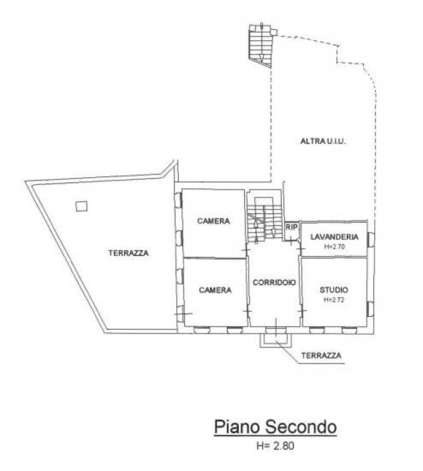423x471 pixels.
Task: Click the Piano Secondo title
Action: (x=275, y=427)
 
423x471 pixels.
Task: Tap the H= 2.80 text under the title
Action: (x=275, y=446)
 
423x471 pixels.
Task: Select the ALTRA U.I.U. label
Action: (x=323, y=141)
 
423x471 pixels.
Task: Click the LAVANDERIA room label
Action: (x=334, y=236)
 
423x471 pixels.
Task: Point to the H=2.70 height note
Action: (x=334, y=247)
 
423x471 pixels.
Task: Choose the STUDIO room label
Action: (x=334, y=290)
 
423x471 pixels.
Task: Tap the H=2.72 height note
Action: (x=334, y=300)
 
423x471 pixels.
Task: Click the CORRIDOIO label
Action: (x=274, y=282)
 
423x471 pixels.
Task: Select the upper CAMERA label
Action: (x=213, y=221)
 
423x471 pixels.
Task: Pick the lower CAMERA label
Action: (x=215, y=290)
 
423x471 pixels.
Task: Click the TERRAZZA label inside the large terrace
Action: (x=128, y=253)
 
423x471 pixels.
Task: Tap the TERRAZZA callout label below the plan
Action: (x=321, y=356)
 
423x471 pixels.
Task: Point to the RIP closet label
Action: (x=292, y=227)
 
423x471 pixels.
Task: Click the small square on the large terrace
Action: (x=81, y=206)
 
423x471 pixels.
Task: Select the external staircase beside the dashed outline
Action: (x=260, y=45)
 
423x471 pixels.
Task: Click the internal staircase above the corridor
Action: (x=264, y=220)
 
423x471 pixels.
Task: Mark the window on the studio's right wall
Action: (x=370, y=309)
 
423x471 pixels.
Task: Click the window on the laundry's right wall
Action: (x=371, y=239)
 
